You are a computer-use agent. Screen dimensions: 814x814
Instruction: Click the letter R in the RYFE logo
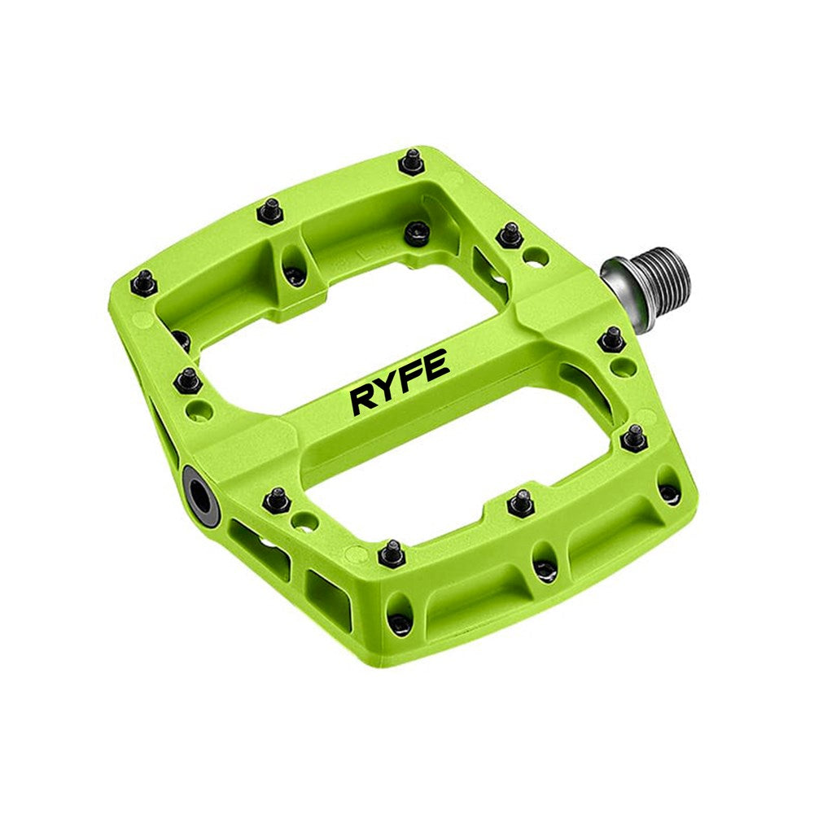pyautogui.click(x=363, y=399)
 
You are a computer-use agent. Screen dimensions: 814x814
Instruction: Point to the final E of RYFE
pyautogui.click(x=438, y=367)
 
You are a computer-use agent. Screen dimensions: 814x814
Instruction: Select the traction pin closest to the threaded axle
pyautogui.click(x=611, y=338)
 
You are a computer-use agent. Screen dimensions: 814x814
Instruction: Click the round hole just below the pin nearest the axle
pyautogui.click(x=623, y=367)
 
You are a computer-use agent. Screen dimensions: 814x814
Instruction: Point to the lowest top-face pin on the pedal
pyautogui.click(x=392, y=554)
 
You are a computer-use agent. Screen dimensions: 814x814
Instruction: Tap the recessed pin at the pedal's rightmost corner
pyautogui.click(x=669, y=492)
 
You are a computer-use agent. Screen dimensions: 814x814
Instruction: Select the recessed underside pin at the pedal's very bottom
pyautogui.click(x=400, y=624)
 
